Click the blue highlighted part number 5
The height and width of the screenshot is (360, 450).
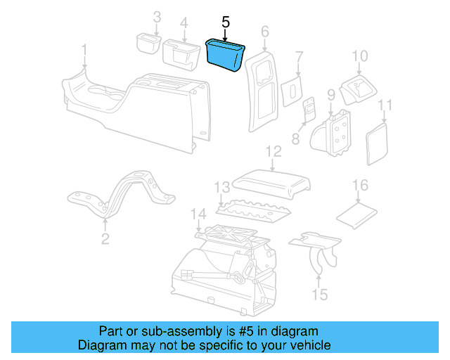click(225, 55)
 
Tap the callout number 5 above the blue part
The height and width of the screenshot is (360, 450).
click(225, 22)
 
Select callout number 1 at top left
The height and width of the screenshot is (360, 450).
click(84, 51)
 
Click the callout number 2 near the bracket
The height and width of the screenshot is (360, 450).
click(105, 240)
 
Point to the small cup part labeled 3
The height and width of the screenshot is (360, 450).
click(147, 43)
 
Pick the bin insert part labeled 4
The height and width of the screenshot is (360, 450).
click(181, 56)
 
